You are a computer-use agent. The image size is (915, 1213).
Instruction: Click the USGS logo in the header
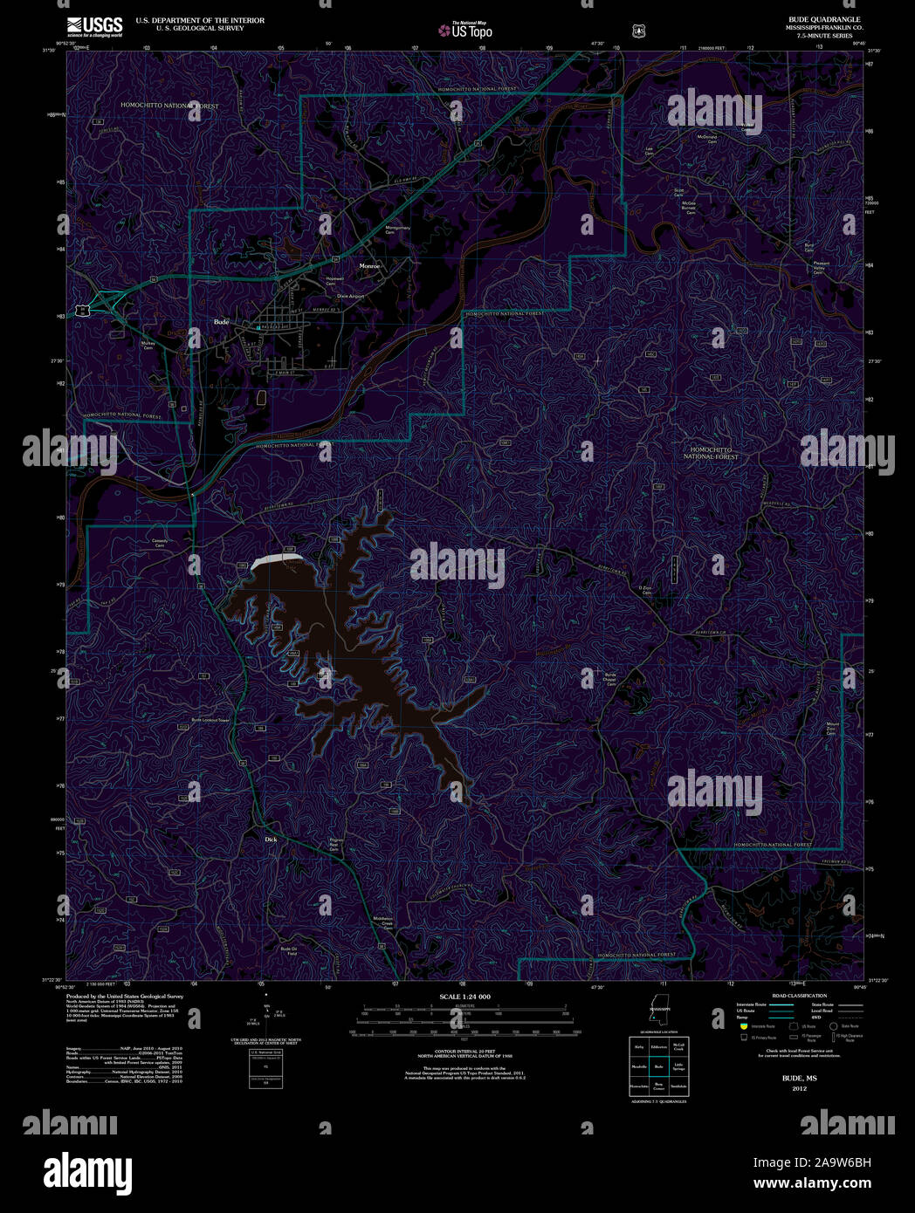click(x=94, y=26)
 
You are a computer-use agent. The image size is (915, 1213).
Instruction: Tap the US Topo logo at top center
click(x=465, y=30)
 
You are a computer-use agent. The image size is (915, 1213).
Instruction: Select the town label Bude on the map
click(x=221, y=322)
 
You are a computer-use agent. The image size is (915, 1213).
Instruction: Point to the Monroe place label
click(x=369, y=265)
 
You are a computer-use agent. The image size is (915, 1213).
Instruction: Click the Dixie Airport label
click(x=350, y=297)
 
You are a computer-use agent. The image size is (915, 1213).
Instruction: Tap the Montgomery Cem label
click(x=397, y=230)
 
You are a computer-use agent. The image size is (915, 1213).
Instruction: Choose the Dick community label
click(x=271, y=840)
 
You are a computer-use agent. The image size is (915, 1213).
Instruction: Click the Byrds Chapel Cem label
click(x=610, y=679)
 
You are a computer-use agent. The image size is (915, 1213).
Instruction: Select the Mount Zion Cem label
click(x=832, y=728)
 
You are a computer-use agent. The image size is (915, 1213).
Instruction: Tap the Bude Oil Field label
click(x=289, y=951)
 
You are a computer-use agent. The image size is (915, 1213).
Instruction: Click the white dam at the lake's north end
click(x=277, y=559)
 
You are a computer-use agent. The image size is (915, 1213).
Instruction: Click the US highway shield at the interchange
click(x=80, y=307)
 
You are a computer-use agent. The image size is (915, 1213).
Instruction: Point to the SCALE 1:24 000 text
click(x=464, y=997)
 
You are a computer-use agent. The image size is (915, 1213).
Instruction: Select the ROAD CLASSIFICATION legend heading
click(x=799, y=996)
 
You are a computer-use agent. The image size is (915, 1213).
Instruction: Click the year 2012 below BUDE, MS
click(x=799, y=1089)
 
